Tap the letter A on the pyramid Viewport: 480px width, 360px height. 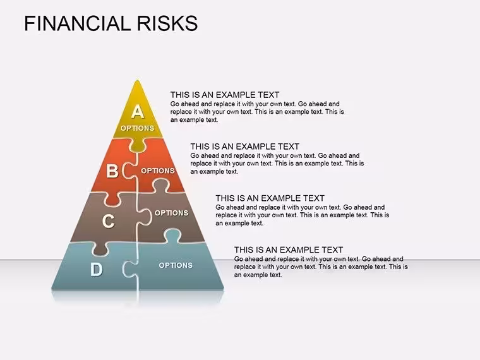click(138, 111)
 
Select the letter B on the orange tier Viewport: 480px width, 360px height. click(112, 171)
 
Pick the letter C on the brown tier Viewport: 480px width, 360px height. click(109, 221)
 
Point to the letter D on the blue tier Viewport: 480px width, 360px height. click(97, 270)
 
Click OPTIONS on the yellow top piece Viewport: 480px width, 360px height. click(137, 128)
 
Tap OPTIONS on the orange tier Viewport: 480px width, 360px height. click(158, 171)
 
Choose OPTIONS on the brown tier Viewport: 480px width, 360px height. click(171, 213)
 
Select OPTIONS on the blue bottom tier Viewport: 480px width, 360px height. click(176, 265)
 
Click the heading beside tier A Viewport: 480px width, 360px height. click(225, 95)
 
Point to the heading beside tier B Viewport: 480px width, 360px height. click(244, 147)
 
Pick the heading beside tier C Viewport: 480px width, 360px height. click(270, 198)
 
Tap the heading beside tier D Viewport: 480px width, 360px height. click(289, 250)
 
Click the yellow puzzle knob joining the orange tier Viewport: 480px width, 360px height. click(138, 145)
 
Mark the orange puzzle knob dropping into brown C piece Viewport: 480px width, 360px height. click(112, 199)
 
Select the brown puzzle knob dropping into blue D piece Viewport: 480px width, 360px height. click(100, 249)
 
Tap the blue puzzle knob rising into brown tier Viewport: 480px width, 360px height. click(172, 236)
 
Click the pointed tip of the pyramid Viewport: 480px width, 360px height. click(138, 80)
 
